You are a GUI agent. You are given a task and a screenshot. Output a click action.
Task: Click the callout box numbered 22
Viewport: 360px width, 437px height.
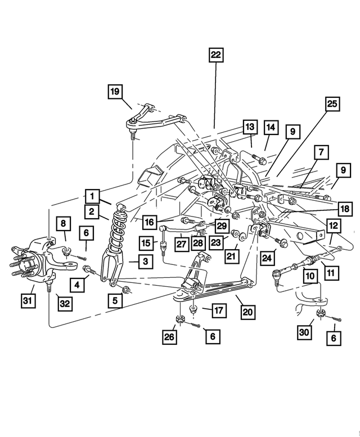pos(216,55)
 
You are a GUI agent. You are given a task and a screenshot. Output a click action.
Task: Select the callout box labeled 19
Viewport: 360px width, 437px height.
pos(115,91)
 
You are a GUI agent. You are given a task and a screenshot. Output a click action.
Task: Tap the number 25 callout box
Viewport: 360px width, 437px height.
pos(332,104)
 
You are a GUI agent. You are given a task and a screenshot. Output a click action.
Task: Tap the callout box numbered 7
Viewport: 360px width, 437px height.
pos(320,152)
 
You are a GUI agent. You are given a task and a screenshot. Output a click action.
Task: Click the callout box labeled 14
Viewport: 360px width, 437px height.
pos(271,128)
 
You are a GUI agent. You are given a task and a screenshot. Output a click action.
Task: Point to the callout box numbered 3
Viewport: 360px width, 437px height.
pos(145,262)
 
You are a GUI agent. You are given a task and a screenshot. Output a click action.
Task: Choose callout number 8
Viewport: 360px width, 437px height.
pos(63,223)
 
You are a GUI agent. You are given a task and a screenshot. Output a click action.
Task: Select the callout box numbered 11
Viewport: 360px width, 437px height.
pos(330,273)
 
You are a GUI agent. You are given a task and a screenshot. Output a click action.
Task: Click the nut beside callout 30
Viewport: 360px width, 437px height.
pos(320,313)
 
